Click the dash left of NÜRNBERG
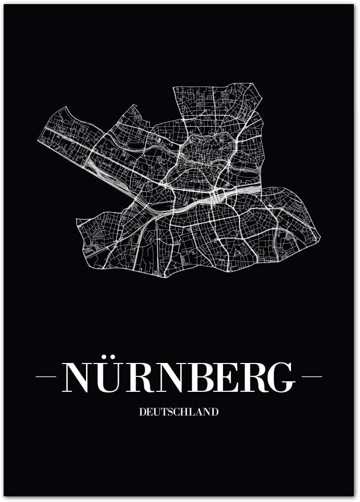tap(45, 376)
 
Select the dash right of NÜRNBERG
tap(312, 376)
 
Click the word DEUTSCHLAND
tap(179, 412)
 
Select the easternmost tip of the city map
tap(319, 238)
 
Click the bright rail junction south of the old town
tap(216, 196)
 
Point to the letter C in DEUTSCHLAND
tap(176, 412)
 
